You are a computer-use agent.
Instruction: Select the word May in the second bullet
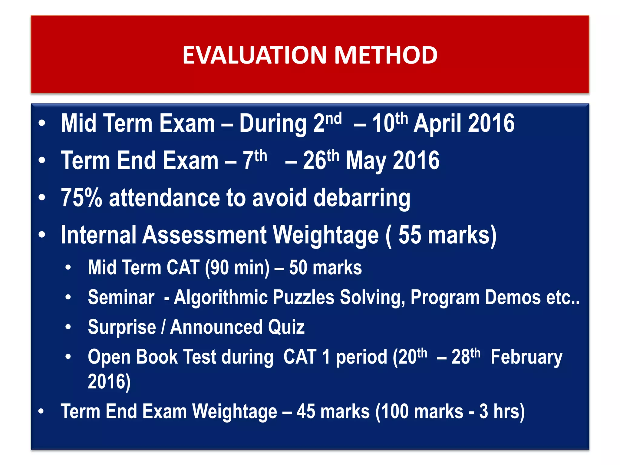(366, 161)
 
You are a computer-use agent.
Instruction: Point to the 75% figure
(81, 198)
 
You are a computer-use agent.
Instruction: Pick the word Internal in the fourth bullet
(98, 235)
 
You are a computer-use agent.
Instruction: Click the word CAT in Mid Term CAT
(183, 268)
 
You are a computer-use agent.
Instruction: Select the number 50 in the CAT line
(298, 268)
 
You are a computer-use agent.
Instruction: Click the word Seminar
(121, 297)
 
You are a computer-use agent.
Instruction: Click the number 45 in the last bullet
(305, 412)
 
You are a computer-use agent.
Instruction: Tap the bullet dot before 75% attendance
(42, 197)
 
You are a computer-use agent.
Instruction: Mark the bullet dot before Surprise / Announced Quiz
(68, 327)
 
